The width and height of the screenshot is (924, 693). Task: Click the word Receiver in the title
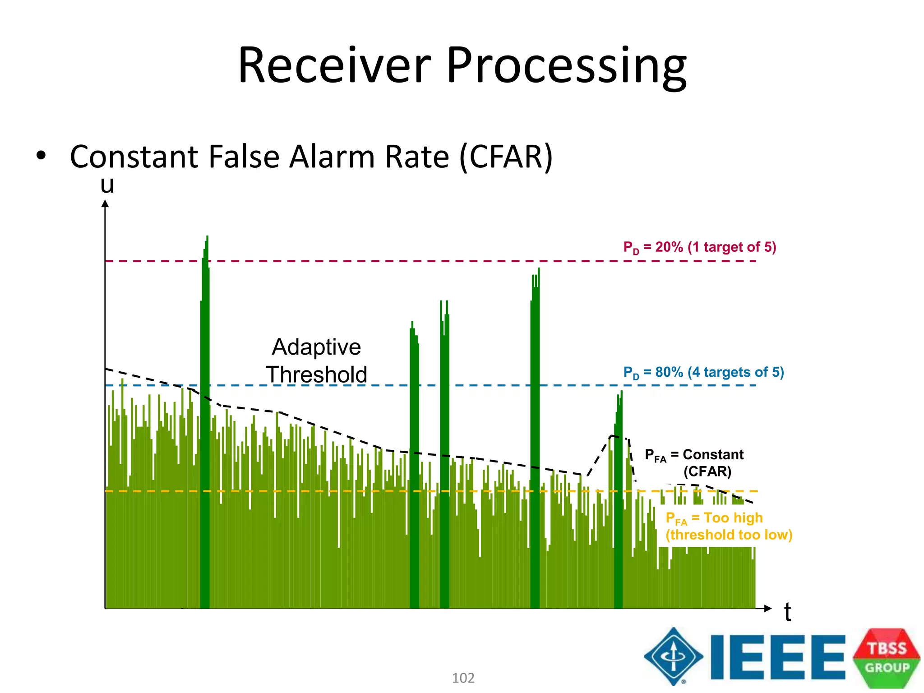(x=334, y=65)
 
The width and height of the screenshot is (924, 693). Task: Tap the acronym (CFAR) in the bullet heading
(x=506, y=157)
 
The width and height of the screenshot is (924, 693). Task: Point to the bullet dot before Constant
(x=41, y=156)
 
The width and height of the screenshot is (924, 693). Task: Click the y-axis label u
(x=107, y=185)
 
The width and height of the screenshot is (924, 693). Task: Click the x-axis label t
(x=787, y=612)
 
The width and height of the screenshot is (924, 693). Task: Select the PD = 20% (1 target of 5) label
(x=699, y=247)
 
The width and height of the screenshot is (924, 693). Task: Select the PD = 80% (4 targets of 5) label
(x=703, y=372)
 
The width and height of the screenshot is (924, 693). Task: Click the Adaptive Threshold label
(x=316, y=360)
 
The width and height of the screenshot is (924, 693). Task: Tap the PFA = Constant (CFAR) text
(x=695, y=462)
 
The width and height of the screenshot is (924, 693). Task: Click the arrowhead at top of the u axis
(x=105, y=204)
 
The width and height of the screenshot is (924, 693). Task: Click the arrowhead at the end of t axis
(x=768, y=608)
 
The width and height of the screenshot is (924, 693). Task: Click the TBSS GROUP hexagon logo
(x=887, y=657)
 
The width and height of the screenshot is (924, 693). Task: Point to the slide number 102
(x=463, y=678)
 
